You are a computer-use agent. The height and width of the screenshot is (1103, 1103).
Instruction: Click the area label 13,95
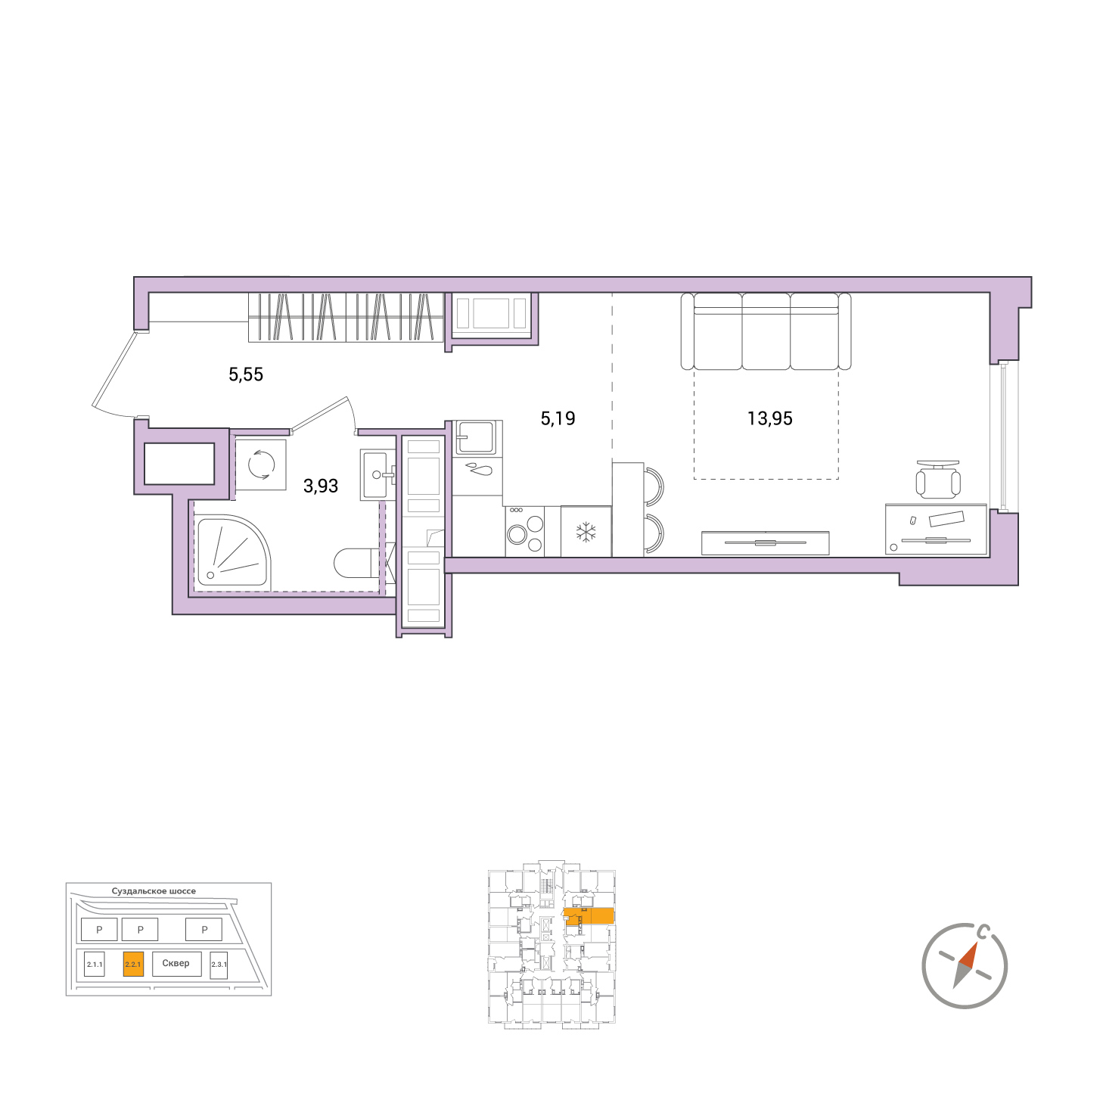[x=769, y=418]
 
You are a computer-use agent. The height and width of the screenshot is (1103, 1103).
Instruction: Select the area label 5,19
[x=558, y=418]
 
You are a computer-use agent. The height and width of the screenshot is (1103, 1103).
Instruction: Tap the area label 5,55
[x=246, y=374]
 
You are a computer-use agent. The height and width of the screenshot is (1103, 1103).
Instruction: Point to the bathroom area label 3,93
[x=321, y=486]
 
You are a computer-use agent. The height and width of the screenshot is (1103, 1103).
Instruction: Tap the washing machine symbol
[x=261, y=465]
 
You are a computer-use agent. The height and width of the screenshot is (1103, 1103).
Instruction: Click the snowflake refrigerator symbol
[x=586, y=532]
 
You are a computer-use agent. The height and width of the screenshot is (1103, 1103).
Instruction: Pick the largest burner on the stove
[x=517, y=535]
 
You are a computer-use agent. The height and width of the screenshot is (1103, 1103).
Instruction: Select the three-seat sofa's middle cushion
[x=766, y=331]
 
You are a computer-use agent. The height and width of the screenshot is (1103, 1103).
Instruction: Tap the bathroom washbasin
[x=378, y=474]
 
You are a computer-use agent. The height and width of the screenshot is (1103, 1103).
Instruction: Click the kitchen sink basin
[x=476, y=437]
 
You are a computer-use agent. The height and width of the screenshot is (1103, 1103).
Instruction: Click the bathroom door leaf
[x=319, y=413]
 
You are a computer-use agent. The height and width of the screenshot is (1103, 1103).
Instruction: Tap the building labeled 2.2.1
[x=133, y=964]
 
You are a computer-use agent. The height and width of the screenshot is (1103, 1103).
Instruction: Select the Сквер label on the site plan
[x=176, y=963]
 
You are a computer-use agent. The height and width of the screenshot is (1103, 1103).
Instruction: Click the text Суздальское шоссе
[x=154, y=891]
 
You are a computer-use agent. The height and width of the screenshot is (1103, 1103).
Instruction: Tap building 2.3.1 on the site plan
[x=219, y=965]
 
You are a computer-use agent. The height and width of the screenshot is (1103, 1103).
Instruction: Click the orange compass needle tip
[x=976, y=942]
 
